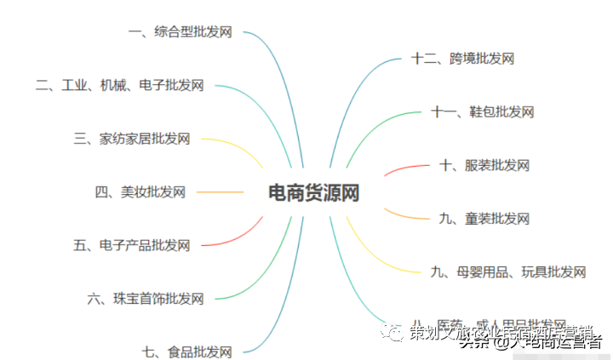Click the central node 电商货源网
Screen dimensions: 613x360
click(313, 192)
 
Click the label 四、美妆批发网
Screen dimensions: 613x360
click(140, 192)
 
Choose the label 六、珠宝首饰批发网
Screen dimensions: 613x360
click(146, 298)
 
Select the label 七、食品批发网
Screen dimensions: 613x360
click(187, 351)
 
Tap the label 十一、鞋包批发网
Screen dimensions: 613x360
click(482, 111)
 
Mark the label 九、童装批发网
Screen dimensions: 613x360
click(484, 219)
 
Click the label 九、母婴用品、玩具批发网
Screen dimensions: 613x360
click(508, 271)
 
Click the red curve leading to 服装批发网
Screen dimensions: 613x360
click(400, 169)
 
